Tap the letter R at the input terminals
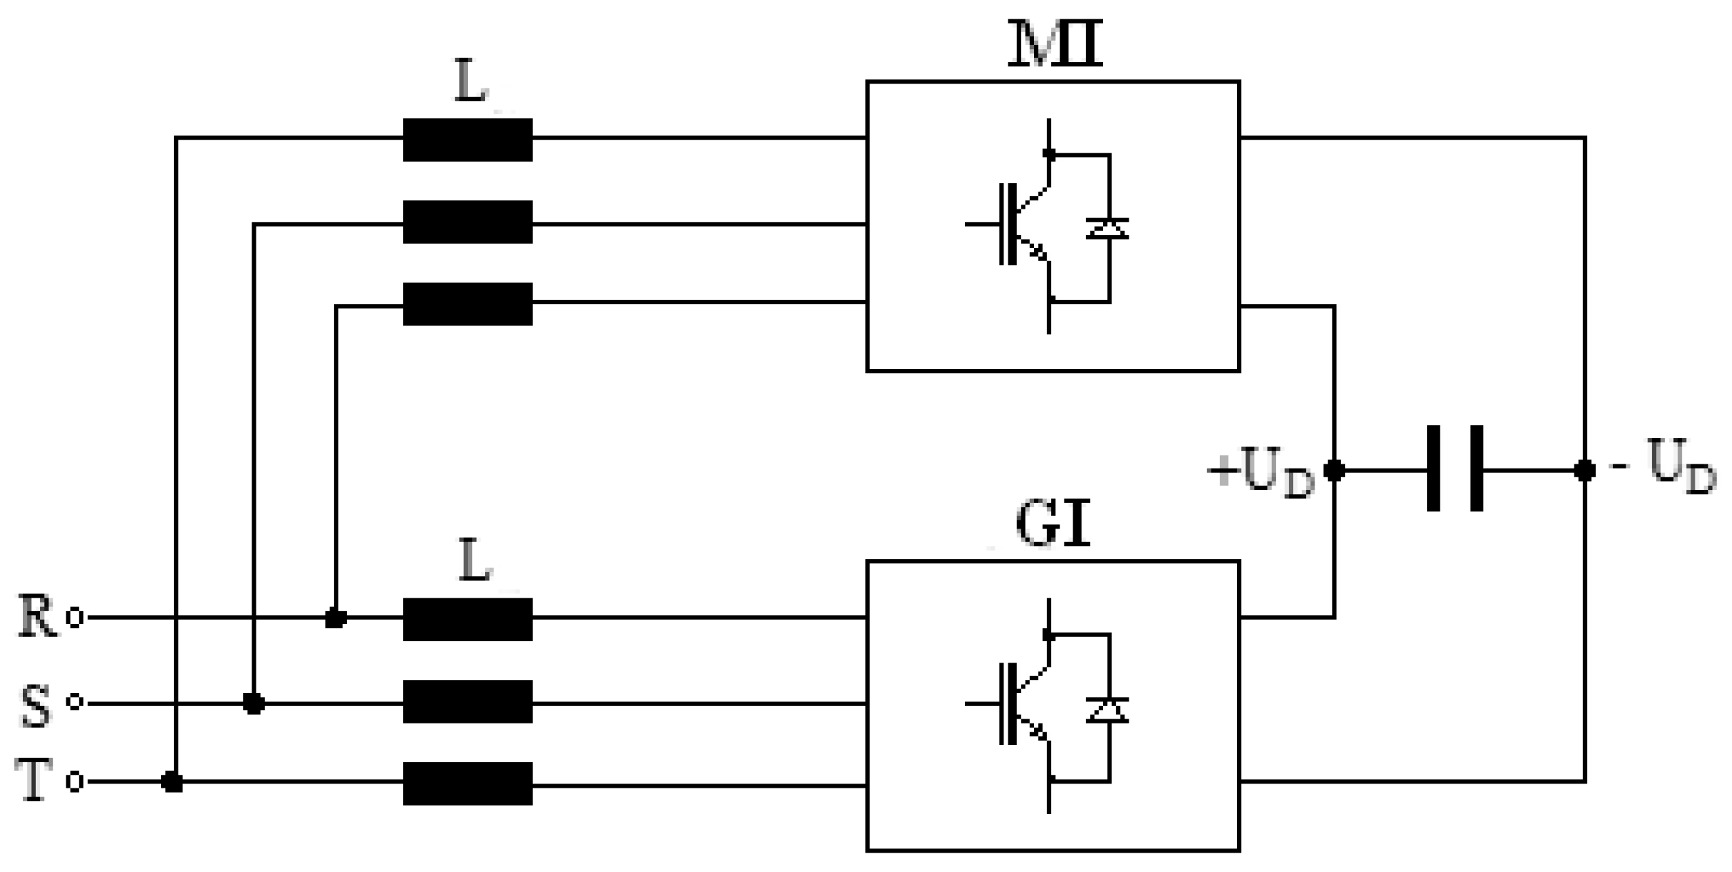(x=37, y=616)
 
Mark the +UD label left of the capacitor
(x=1261, y=472)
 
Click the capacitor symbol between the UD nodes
(x=1455, y=469)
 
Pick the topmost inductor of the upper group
(x=467, y=140)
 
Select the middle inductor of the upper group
(x=467, y=222)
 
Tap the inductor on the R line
(x=467, y=619)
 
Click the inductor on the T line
(x=467, y=784)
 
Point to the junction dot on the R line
(x=335, y=618)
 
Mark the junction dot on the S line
(x=254, y=704)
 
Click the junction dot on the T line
(x=172, y=783)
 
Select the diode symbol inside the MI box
(x=1108, y=228)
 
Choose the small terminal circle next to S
(x=75, y=703)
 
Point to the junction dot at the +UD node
(x=1334, y=471)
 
